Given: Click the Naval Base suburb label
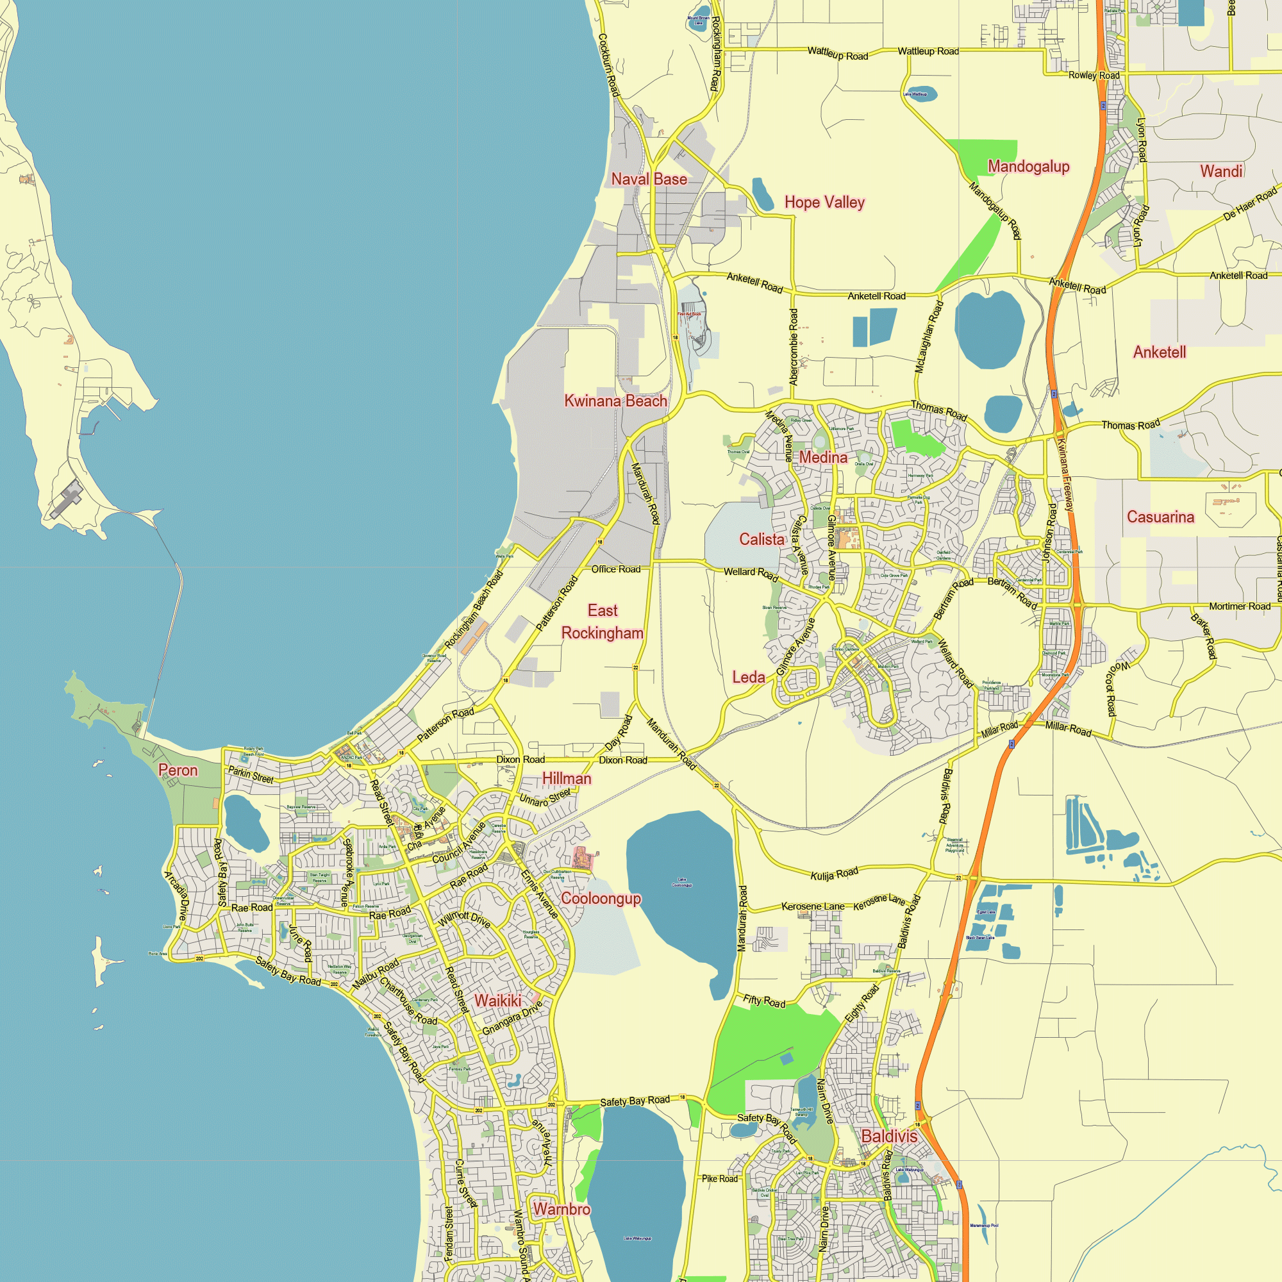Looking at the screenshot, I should tap(649, 179).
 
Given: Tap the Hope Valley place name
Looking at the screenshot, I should tap(824, 203).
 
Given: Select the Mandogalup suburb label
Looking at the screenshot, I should tap(1029, 167).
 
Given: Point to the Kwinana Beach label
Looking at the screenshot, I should tap(615, 401).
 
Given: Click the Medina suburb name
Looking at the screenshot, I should tap(823, 457).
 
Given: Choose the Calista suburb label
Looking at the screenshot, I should tap(762, 540).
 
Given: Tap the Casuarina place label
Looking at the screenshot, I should tap(1160, 517).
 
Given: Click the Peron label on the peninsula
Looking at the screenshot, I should tap(178, 770).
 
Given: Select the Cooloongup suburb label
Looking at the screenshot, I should tap(601, 899).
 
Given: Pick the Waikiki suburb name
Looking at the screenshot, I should tap(497, 1001).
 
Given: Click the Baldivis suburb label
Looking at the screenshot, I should tap(889, 1136).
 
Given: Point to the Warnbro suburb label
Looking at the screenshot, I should tap(562, 1210).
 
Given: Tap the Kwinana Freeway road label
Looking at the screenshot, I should tap(1064, 474).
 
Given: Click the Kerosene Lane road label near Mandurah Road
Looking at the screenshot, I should tap(813, 906).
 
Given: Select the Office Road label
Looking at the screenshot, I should tap(616, 569).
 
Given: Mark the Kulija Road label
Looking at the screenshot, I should tap(834, 874).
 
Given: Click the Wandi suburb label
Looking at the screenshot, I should tap(1221, 171).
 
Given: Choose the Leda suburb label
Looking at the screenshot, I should tap(749, 678).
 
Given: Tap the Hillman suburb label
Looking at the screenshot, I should tap(566, 778).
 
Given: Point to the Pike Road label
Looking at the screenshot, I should tap(719, 1179).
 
